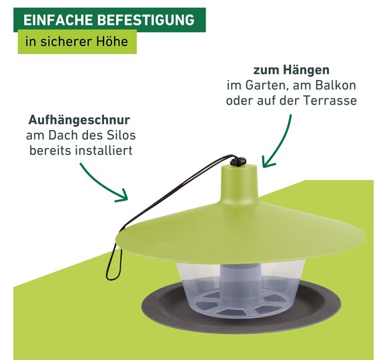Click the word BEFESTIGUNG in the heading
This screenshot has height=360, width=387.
[146, 20]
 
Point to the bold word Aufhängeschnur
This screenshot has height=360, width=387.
[79, 120]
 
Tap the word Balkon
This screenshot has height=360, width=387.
[336, 85]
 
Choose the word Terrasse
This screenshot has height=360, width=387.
[330, 101]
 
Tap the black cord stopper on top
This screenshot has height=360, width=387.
[238, 161]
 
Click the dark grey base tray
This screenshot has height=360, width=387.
[242, 318]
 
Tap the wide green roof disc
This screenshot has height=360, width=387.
[241, 237]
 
